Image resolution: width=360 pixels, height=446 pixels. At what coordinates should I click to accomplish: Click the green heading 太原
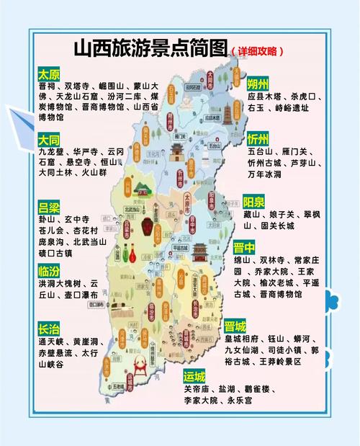[50, 74]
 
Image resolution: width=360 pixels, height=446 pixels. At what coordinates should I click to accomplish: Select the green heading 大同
[50, 140]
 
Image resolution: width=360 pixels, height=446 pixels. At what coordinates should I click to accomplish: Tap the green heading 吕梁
[50, 206]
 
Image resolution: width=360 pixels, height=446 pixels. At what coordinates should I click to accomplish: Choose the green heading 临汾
[50, 272]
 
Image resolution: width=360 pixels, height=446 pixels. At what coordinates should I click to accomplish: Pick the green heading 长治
[50, 329]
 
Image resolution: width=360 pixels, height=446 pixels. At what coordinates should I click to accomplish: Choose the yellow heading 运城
[194, 376]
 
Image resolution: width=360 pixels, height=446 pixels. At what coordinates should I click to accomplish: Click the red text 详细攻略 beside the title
[258, 52]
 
